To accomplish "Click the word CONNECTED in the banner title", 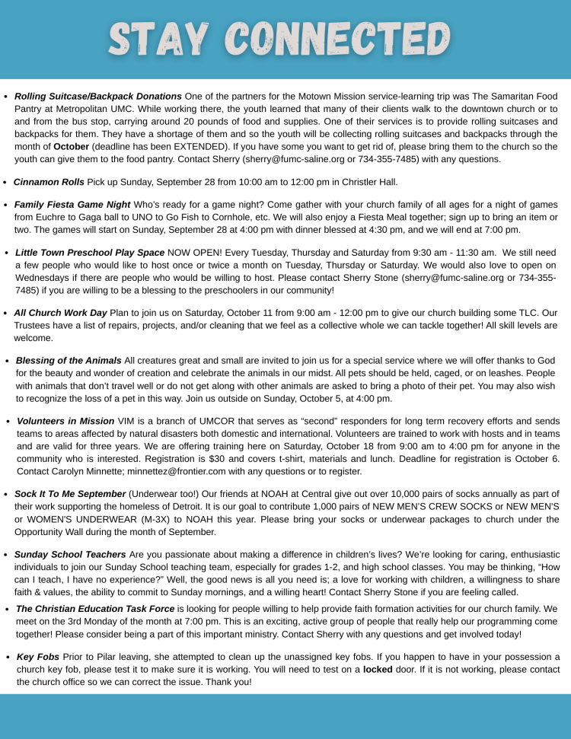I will pos(340,38).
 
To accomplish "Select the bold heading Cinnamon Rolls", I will pos(49,182).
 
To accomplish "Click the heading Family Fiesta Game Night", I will pos(72,205).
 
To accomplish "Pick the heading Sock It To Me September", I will pos(70,494).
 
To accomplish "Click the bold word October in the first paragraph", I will pos(72,146).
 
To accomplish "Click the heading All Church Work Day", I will pos(60,313).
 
